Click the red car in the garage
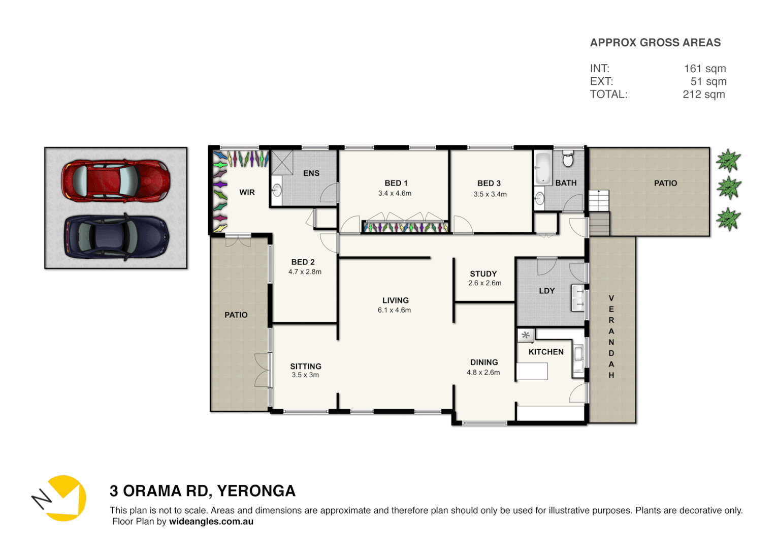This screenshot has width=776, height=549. click(x=116, y=180)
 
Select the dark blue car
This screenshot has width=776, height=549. click(x=116, y=237)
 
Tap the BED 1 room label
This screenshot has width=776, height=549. click(x=396, y=183)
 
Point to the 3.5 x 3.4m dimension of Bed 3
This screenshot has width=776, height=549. click(x=490, y=194)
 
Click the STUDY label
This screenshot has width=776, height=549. click(x=483, y=273)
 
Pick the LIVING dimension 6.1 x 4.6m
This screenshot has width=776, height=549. click(x=394, y=310)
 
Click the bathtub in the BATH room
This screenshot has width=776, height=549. click(x=543, y=168)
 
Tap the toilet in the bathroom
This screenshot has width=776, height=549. click(x=568, y=159)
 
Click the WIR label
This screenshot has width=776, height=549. click(x=247, y=193)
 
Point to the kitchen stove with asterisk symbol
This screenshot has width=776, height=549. click(x=526, y=335)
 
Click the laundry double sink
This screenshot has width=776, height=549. click(x=578, y=298)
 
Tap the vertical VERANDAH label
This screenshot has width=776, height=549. click(x=611, y=337)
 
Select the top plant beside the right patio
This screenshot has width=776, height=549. click(x=728, y=161)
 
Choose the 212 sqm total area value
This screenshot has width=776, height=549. click(x=703, y=95)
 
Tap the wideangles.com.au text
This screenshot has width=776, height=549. click(x=211, y=522)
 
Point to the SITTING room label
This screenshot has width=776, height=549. click(x=305, y=366)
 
